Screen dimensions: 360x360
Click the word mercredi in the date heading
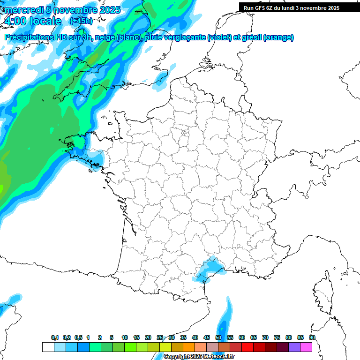(x=24, y=10)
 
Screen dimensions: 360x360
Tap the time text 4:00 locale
(x=32, y=21)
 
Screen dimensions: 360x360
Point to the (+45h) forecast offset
(x=81, y=21)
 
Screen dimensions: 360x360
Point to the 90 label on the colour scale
(x=312, y=337)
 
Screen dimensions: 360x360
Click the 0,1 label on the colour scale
(x=54, y=337)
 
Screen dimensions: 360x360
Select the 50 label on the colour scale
(x=218, y=337)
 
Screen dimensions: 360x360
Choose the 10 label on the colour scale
(x=125, y=337)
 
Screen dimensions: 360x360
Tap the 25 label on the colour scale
(x=160, y=337)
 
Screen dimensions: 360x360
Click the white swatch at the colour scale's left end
(x=48, y=347)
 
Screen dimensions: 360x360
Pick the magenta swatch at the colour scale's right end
(x=306, y=347)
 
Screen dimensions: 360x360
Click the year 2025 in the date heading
(x=106, y=10)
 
